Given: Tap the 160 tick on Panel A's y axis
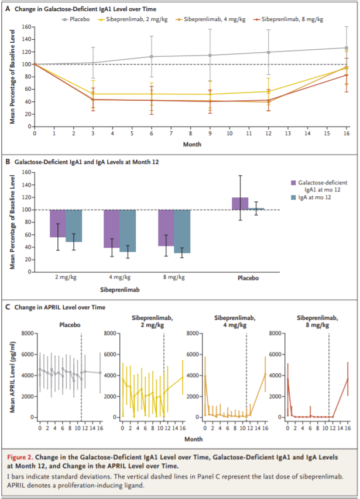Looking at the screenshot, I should (25, 27).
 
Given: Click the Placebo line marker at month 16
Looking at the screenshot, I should (346, 48).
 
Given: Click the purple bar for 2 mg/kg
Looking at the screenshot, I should (57, 223).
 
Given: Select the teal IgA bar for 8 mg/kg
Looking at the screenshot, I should (182, 231).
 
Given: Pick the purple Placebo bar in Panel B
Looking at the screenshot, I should (240, 203).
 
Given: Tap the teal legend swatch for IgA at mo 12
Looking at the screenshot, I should (295, 199).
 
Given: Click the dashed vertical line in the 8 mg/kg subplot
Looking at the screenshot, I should (329, 375).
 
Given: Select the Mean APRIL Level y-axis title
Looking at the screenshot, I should (13, 374).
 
